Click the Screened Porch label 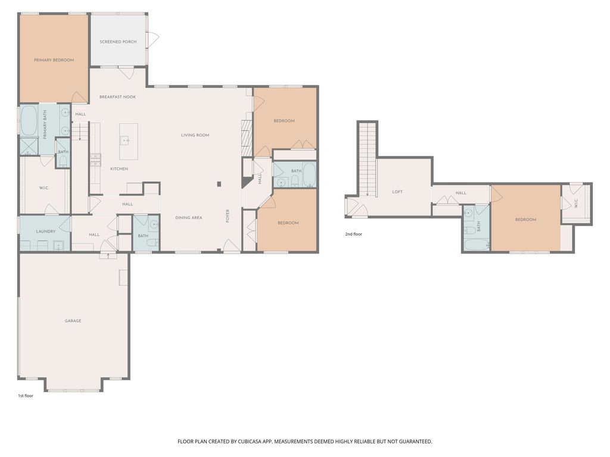click(118, 42)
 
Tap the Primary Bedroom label click(54, 60)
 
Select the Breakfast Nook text click(117, 97)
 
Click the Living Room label click(195, 135)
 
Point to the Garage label click(73, 321)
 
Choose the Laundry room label click(45, 231)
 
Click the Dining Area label click(189, 218)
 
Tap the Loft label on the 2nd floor click(397, 192)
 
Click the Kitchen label click(119, 168)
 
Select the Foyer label click(228, 216)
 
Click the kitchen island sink click(125, 140)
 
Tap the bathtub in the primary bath click(29, 120)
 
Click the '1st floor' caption click(26, 396)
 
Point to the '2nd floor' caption click(354, 234)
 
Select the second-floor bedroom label click(525, 220)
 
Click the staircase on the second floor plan click(368, 159)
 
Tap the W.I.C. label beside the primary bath click(44, 188)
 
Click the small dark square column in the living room click(219, 184)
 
